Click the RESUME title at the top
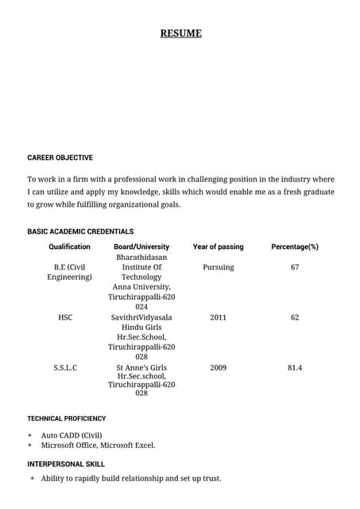point(181,33)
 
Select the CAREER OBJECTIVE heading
point(60,157)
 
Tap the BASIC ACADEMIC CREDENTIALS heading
point(80,231)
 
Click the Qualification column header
point(70,247)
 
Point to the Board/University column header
point(141,247)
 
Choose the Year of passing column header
point(219,247)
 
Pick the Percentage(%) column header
point(295,247)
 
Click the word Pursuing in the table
point(219,267)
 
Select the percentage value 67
point(295,267)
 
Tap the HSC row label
point(65,317)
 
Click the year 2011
point(219,317)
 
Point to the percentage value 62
point(295,317)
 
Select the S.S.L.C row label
point(65,368)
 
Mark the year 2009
point(219,368)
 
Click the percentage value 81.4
point(295,368)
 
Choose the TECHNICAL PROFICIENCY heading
point(67,418)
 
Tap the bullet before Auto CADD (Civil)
point(30,436)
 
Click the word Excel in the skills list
point(144,445)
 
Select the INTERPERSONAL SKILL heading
point(66,464)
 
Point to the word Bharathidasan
point(141,258)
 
